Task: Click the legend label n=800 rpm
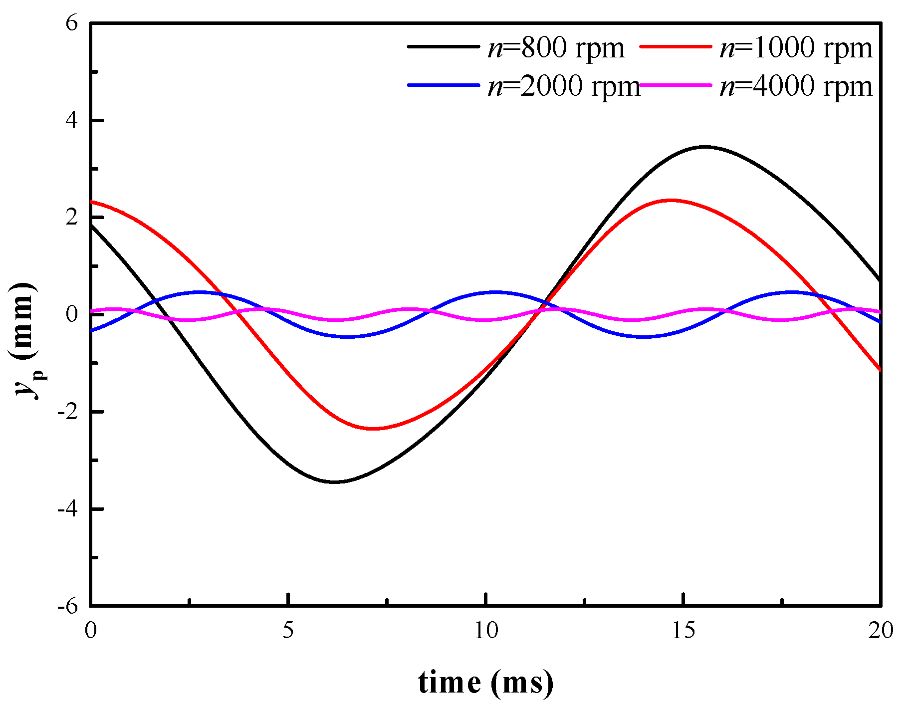click(x=556, y=48)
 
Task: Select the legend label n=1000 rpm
click(x=796, y=48)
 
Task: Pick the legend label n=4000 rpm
click(x=796, y=86)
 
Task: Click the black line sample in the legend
click(x=443, y=46)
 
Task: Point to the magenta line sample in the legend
click(x=675, y=85)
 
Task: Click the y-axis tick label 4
click(x=72, y=121)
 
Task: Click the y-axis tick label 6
click(x=72, y=23)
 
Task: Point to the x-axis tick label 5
click(x=288, y=631)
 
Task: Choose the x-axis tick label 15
click(x=683, y=631)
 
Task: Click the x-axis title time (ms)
click(x=485, y=683)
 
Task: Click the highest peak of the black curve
click(x=704, y=147)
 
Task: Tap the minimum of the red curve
click(x=373, y=429)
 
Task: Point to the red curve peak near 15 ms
click(x=671, y=200)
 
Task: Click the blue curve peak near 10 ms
click(x=495, y=292)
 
